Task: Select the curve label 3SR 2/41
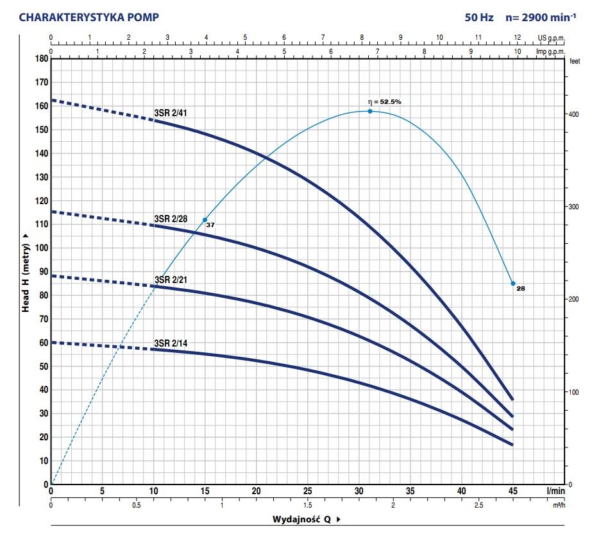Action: pyautogui.click(x=171, y=114)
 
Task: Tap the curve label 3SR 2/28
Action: pyautogui.click(x=171, y=219)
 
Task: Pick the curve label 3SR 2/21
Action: pyautogui.click(x=171, y=279)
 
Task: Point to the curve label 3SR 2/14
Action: pyautogui.click(x=171, y=343)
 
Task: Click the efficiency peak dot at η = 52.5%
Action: pyautogui.click(x=370, y=111)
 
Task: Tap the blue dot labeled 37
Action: pyautogui.click(x=205, y=219)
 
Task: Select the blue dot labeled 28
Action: pyautogui.click(x=512, y=283)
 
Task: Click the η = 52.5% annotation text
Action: pyautogui.click(x=384, y=101)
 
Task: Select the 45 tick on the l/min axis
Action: pyautogui.click(x=512, y=492)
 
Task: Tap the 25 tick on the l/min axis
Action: pyautogui.click(x=307, y=492)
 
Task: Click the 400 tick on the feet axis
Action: pyautogui.click(x=575, y=114)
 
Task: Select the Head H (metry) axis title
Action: pyautogui.click(x=26, y=272)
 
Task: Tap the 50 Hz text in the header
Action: pyautogui.click(x=479, y=17)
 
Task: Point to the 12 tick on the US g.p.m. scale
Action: pyautogui.click(x=516, y=38)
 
